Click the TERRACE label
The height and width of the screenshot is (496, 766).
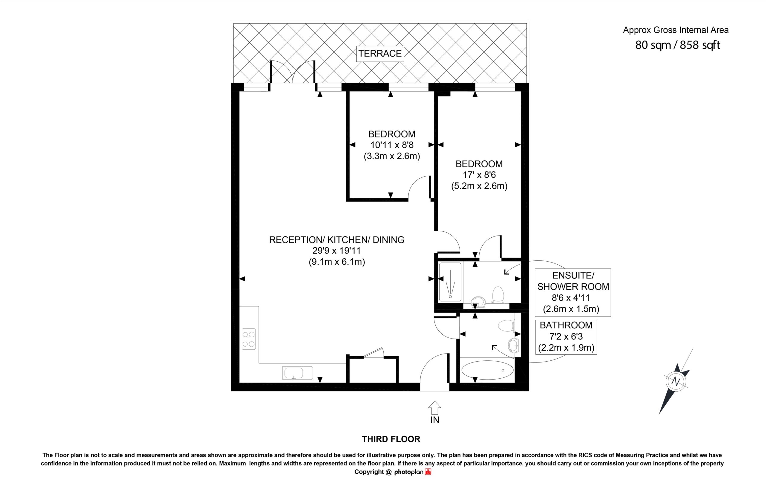pyautogui.click(x=380, y=54)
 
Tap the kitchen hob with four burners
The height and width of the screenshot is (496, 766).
pyautogui.click(x=249, y=339)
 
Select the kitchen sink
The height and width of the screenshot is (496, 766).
pyautogui.click(x=298, y=373)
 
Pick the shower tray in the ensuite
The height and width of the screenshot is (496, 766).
pyautogui.click(x=450, y=282)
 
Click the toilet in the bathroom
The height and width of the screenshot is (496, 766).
pyautogui.click(x=506, y=326)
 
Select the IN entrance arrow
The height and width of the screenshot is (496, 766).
pyautogui.click(x=434, y=408)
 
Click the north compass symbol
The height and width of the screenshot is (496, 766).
pyautogui.click(x=676, y=382)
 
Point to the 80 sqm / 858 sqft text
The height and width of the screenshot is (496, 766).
pyautogui.click(x=677, y=45)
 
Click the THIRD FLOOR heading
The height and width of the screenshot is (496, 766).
pyautogui.click(x=391, y=439)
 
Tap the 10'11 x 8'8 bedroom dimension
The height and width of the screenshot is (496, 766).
pyautogui.click(x=392, y=145)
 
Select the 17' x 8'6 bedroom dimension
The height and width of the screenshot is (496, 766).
pyautogui.click(x=479, y=175)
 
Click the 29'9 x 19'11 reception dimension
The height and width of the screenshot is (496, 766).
pyautogui.click(x=337, y=251)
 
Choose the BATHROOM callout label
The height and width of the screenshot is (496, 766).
pyautogui.click(x=566, y=325)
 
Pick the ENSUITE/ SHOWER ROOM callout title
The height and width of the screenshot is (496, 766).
pyautogui.click(x=573, y=281)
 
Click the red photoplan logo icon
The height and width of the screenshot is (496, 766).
pyautogui.click(x=428, y=472)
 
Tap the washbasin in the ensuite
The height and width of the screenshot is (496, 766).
pyautogui.click(x=478, y=302)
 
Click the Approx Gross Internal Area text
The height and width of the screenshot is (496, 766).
pyautogui.click(x=676, y=30)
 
